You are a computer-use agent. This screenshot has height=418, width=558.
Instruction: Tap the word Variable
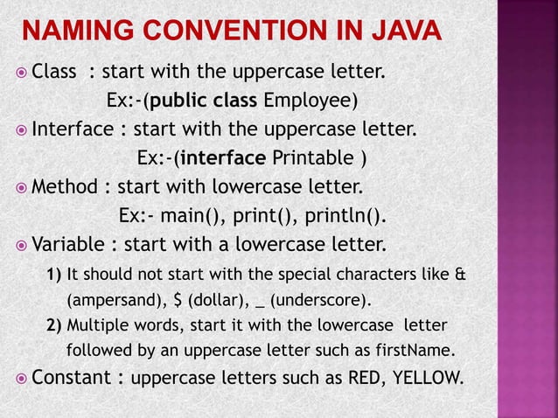(x=66, y=241)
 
